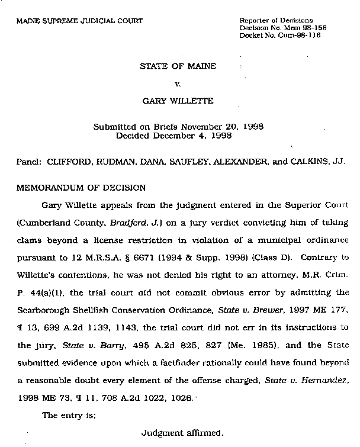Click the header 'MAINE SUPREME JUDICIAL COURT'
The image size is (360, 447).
pos(79,21)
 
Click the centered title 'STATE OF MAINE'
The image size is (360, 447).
pos(178,66)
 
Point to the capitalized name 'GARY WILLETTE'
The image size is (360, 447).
pos(178,101)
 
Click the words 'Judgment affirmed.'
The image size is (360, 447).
pos(182,432)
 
